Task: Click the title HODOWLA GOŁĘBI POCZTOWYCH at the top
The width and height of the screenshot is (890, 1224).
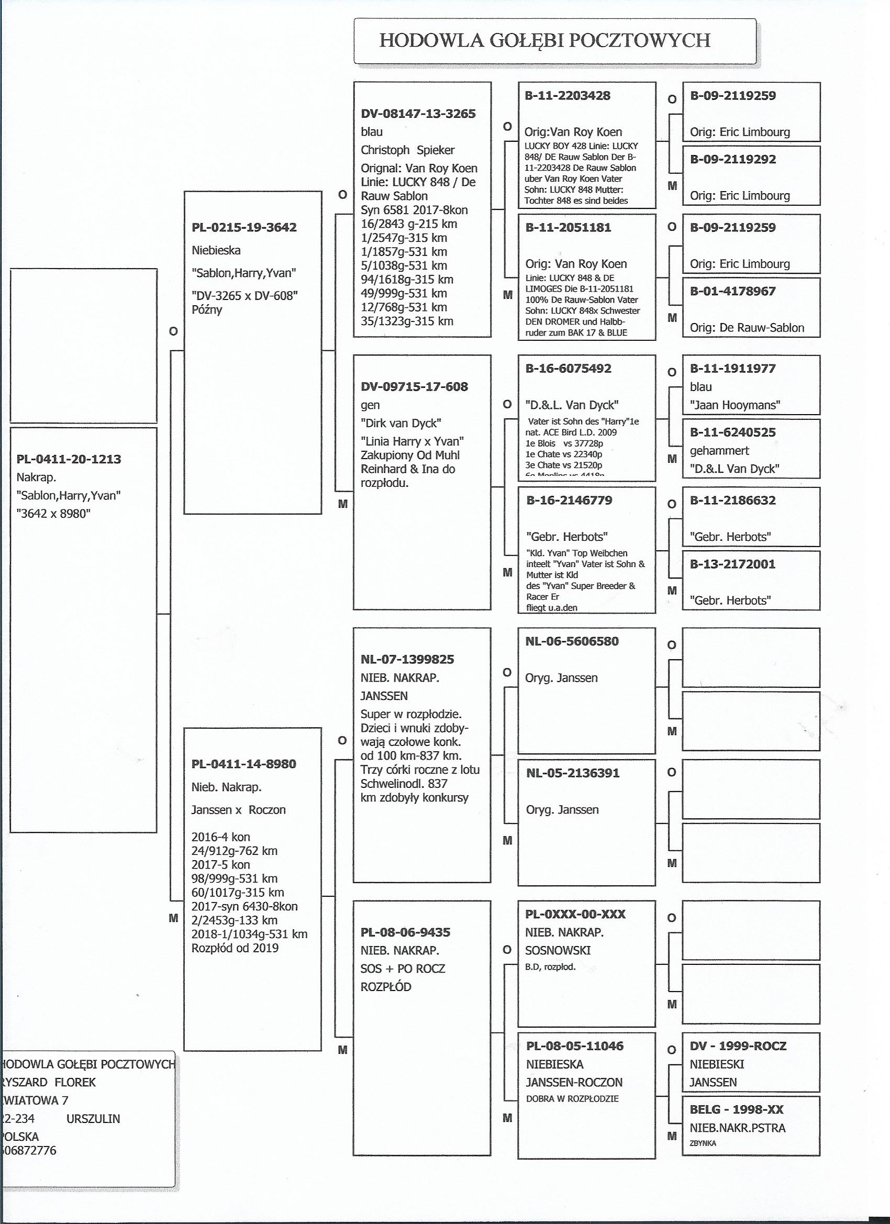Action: tap(544, 40)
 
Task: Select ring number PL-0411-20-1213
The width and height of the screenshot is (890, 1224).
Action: tap(69, 459)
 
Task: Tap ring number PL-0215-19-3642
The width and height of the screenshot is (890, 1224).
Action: tap(244, 227)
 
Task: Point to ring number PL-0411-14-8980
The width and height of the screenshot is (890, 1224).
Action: tap(244, 764)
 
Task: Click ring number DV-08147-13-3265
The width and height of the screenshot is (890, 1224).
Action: tap(418, 114)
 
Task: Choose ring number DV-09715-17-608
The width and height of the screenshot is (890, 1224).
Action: tap(415, 386)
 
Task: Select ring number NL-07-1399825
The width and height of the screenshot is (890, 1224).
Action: tap(407, 659)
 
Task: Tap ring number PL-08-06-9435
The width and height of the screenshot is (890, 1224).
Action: tap(405, 932)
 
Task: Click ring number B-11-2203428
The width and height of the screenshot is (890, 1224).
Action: tap(568, 96)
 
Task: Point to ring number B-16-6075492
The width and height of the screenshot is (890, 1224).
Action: tap(569, 369)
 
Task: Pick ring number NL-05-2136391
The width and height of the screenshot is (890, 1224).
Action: tap(573, 773)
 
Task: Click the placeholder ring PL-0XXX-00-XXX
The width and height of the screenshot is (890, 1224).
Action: tap(575, 914)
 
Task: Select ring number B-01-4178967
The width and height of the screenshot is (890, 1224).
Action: tap(733, 292)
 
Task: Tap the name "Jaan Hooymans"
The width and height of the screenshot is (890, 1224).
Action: tap(735, 405)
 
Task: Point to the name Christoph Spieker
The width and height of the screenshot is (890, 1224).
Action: tap(407, 150)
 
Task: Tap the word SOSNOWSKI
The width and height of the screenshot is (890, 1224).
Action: tap(558, 950)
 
